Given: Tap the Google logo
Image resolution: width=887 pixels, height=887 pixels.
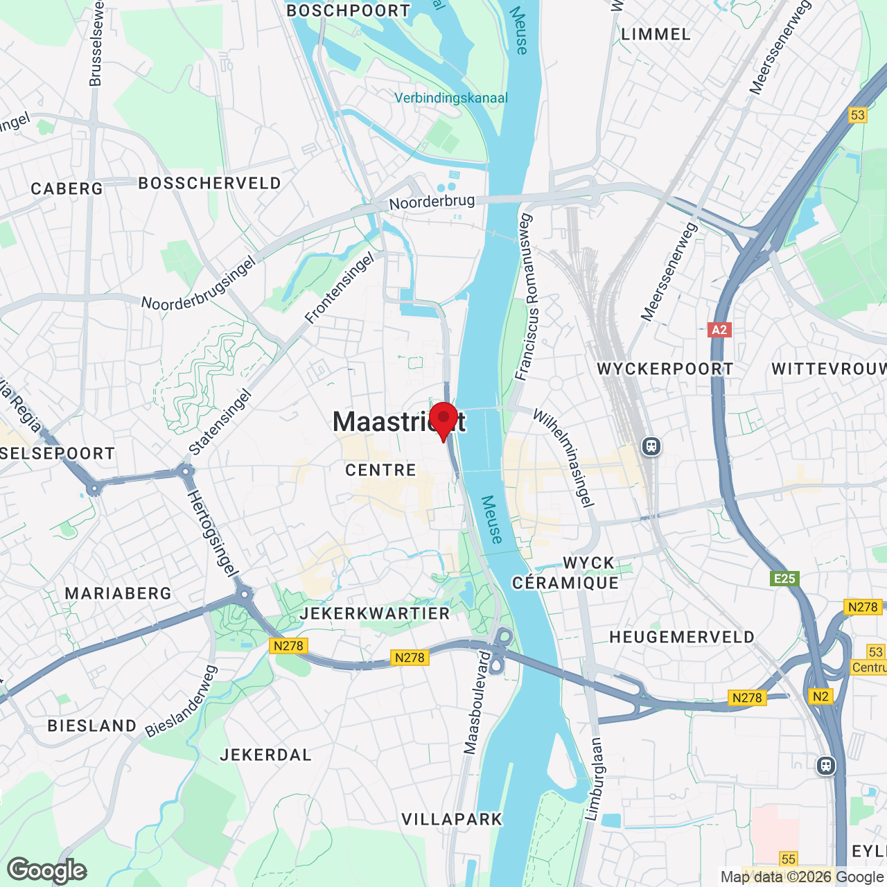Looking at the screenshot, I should point(46,870).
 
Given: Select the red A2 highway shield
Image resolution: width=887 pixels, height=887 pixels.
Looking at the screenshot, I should point(719,330).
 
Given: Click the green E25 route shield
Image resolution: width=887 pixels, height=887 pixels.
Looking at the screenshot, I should point(784,579).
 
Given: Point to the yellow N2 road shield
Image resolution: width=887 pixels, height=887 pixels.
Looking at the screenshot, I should point(820,696).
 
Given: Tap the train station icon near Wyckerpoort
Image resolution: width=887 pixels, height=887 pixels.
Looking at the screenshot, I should point(651,446).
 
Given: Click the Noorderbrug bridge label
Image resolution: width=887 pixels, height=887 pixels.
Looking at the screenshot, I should point(432,202).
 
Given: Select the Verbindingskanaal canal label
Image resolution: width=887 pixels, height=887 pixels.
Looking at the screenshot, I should point(451,98).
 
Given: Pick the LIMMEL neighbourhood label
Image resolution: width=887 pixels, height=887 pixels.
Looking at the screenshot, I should point(656,35).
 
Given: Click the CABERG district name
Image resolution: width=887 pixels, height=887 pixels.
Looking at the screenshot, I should point(67,189).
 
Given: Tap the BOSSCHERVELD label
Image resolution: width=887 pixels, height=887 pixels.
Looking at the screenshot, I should point(210,184).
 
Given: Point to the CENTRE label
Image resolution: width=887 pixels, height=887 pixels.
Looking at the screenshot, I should point(380,471).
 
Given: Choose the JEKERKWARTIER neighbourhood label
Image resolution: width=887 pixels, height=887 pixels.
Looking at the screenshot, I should point(375,614).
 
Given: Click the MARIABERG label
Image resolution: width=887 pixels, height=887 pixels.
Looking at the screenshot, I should point(118,594).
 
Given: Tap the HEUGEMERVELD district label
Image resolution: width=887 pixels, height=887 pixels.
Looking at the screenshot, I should point(682,638).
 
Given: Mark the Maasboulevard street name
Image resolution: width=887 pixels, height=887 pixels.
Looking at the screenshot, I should point(477,701).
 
